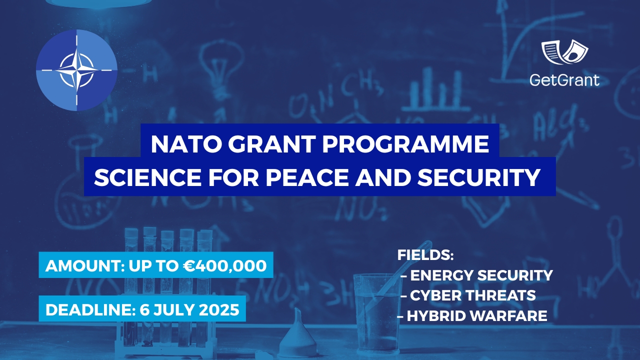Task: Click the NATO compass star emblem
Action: point(76,69)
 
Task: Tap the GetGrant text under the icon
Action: point(564,79)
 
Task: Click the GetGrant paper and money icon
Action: point(564,52)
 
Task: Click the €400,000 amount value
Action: point(223,265)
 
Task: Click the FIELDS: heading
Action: point(425,255)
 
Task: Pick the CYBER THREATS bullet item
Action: point(472,295)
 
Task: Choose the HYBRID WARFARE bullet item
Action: point(476,316)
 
